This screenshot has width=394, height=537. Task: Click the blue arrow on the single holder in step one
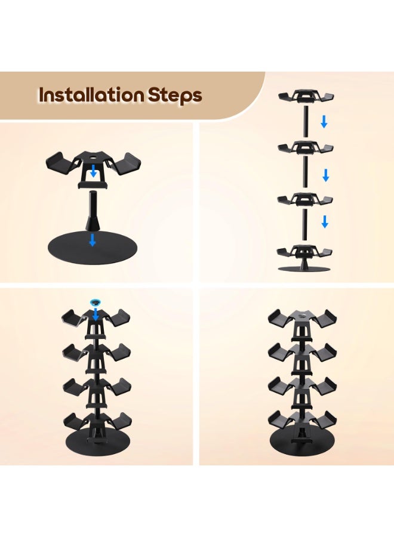click(93, 172)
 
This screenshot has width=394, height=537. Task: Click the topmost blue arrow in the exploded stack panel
click(324, 122)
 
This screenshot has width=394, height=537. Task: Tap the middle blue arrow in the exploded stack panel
click(325, 175)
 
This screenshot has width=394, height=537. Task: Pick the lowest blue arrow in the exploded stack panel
click(325, 222)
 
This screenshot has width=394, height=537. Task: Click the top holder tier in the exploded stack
click(305, 97)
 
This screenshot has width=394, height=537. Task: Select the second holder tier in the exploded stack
click(305, 148)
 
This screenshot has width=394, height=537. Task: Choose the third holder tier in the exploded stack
click(305, 199)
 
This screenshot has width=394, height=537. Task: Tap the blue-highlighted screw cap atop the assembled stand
click(94, 303)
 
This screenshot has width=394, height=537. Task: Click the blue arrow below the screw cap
click(94, 315)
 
